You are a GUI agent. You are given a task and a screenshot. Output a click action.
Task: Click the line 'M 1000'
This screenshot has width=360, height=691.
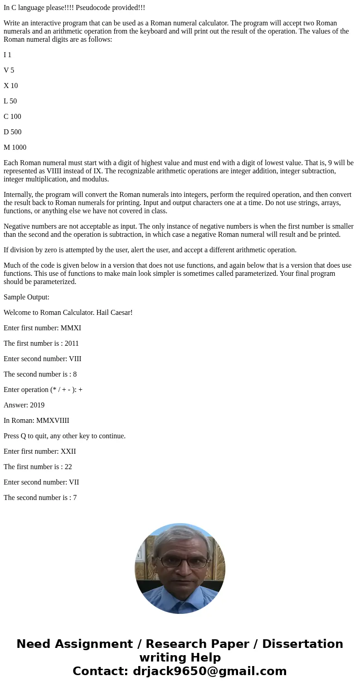coord(15,147)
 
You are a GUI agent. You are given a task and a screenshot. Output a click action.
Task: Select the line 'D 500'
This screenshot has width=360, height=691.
coord(13,132)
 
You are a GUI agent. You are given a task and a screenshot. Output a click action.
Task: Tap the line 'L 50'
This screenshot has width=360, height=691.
coord(10,101)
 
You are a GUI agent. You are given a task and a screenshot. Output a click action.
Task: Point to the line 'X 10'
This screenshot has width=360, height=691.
coord(11,86)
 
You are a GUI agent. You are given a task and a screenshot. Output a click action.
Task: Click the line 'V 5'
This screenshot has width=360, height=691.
coord(9,70)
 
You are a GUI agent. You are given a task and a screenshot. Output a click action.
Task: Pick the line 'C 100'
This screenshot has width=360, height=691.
coord(13,117)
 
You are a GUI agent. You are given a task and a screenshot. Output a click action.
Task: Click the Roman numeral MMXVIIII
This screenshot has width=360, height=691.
coord(53,421)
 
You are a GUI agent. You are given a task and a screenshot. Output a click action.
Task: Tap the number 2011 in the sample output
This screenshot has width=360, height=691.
coord(72,343)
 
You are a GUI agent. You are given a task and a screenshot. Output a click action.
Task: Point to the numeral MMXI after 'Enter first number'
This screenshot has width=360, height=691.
coord(71,328)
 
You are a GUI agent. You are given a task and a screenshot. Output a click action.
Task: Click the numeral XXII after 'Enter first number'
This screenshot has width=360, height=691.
coord(68,451)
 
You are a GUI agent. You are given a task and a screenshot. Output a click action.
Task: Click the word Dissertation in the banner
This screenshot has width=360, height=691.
coord(302,644)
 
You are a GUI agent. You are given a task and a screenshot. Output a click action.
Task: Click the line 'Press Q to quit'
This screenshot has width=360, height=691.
coord(64,436)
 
